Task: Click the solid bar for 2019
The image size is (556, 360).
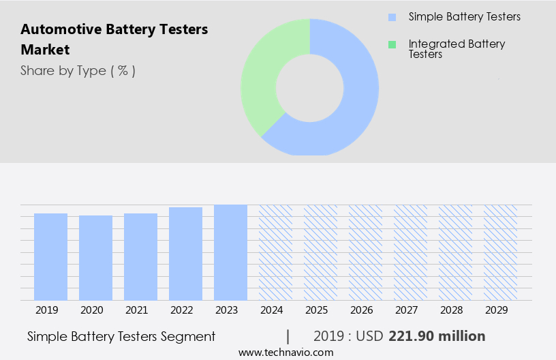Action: (x=50, y=256)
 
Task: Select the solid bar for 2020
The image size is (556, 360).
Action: (x=95, y=258)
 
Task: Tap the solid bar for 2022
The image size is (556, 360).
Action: (x=185, y=254)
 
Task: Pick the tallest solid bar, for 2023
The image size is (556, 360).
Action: (x=230, y=252)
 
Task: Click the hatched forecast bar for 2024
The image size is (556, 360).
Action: (x=275, y=252)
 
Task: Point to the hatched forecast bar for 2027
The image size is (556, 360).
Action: (x=410, y=252)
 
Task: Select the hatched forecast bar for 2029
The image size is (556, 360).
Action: (x=500, y=252)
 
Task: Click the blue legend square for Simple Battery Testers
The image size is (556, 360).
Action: (x=392, y=17)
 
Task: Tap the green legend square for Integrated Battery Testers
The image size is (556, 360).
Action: (x=392, y=44)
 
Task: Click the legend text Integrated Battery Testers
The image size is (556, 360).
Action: (x=457, y=49)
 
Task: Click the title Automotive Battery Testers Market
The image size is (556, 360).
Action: (x=114, y=40)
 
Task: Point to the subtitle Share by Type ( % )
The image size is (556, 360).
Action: (x=78, y=71)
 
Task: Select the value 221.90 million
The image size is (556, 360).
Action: (x=437, y=336)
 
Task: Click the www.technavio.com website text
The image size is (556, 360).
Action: (x=285, y=352)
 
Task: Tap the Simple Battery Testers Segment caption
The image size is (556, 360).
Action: (x=121, y=336)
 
